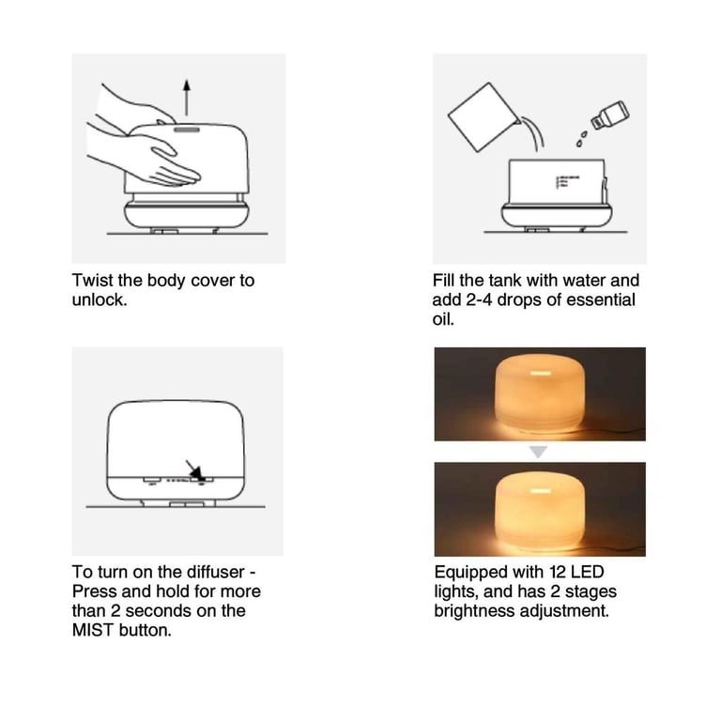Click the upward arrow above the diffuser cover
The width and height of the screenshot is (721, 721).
[x=186, y=98]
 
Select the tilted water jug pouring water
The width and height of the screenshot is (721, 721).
[x=484, y=116]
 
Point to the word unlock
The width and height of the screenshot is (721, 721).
[x=100, y=299]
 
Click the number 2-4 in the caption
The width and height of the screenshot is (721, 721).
[x=479, y=299]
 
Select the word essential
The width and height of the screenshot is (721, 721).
[x=601, y=299]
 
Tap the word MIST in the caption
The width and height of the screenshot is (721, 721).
[x=93, y=630]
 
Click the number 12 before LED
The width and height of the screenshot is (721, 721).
[x=557, y=572]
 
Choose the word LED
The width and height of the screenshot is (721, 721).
[x=587, y=572]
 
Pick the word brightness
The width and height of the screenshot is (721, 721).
[x=474, y=610]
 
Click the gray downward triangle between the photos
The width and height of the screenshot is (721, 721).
[x=538, y=452]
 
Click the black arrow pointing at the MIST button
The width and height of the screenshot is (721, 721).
[x=194, y=470]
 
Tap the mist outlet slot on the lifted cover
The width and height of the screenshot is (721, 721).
[x=187, y=130]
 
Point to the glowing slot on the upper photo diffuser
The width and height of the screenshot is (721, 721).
[x=541, y=374]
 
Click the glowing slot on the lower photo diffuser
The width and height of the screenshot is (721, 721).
[x=541, y=491]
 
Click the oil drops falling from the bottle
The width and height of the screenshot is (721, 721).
[x=582, y=138]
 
